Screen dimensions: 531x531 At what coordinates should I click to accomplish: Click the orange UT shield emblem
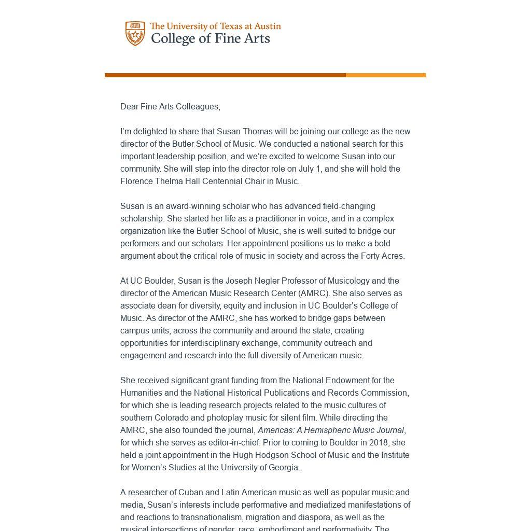point(135,34)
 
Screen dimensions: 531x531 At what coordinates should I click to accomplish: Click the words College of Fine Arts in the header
point(210,39)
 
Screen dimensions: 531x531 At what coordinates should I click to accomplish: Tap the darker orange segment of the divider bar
point(225,75)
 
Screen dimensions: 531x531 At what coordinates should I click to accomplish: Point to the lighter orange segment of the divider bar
point(386,75)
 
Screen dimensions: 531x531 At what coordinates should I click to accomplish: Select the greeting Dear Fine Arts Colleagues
point(170,107)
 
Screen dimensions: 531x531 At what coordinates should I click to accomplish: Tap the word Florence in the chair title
point(136,181)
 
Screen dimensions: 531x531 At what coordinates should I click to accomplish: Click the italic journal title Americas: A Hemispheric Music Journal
point(330,430)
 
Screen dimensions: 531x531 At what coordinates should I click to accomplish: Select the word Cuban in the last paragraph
point(190,493)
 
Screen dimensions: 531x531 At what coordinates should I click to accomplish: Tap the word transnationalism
point(211,518)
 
